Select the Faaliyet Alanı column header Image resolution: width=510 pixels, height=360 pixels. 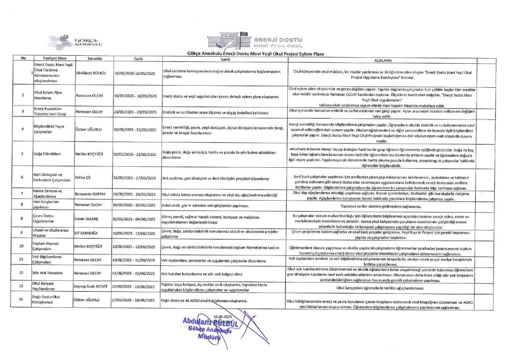(x=51, y=59)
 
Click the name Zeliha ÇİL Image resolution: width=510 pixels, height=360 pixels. (x=83, y=177)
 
